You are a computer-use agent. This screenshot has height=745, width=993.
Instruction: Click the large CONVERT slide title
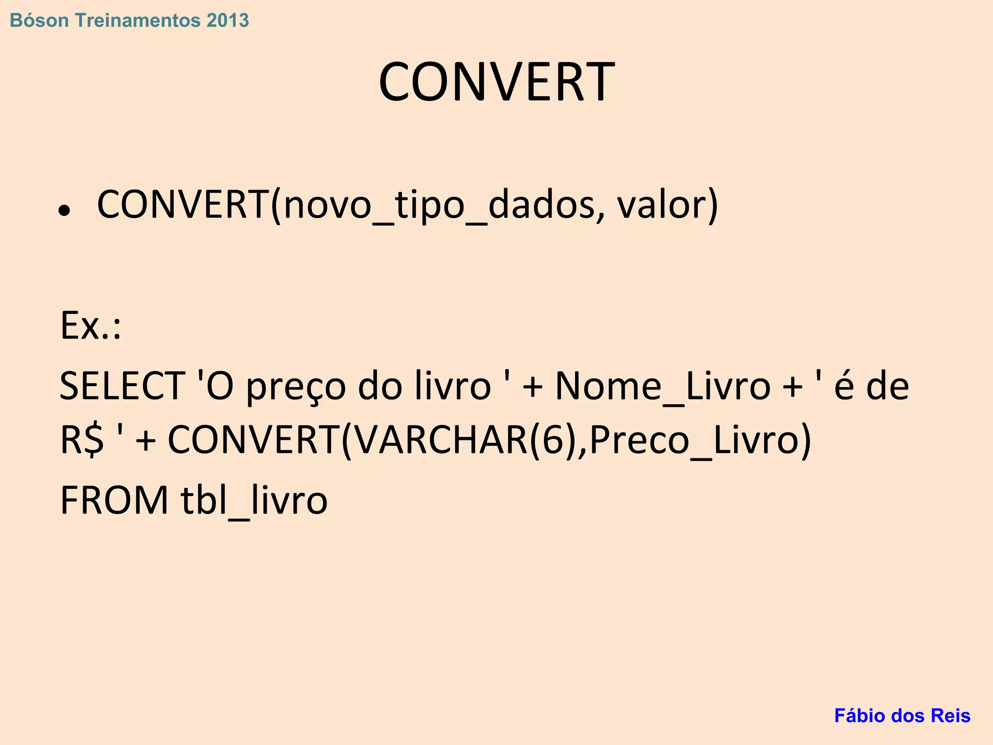point(496,81)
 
